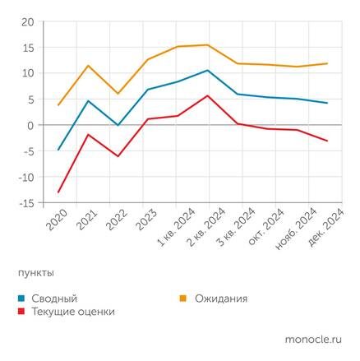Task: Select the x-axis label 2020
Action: tap(56, 220)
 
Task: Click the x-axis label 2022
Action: tap(115, 220)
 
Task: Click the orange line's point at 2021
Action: tap(88, 65)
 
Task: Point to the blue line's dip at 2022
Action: tap(118, 125)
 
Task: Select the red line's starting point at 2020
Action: tap(58, 192)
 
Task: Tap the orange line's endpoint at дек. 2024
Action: tap(327, 63)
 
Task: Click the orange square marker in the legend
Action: tap(184, 298)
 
